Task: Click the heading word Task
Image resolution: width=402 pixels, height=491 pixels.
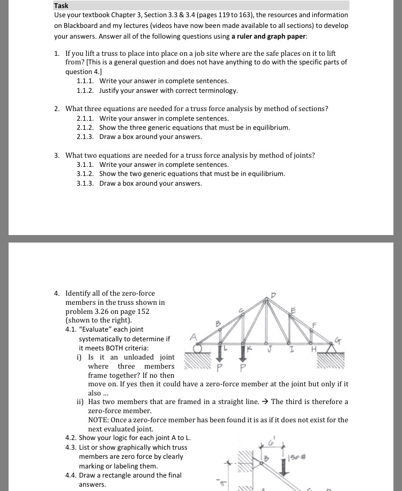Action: tap(61, 6)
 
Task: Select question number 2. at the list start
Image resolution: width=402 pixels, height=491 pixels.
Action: tap(57, 108)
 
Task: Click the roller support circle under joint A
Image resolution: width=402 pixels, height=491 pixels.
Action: tap(198, 348)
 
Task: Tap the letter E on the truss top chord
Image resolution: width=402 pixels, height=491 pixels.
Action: tap(293, 309)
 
